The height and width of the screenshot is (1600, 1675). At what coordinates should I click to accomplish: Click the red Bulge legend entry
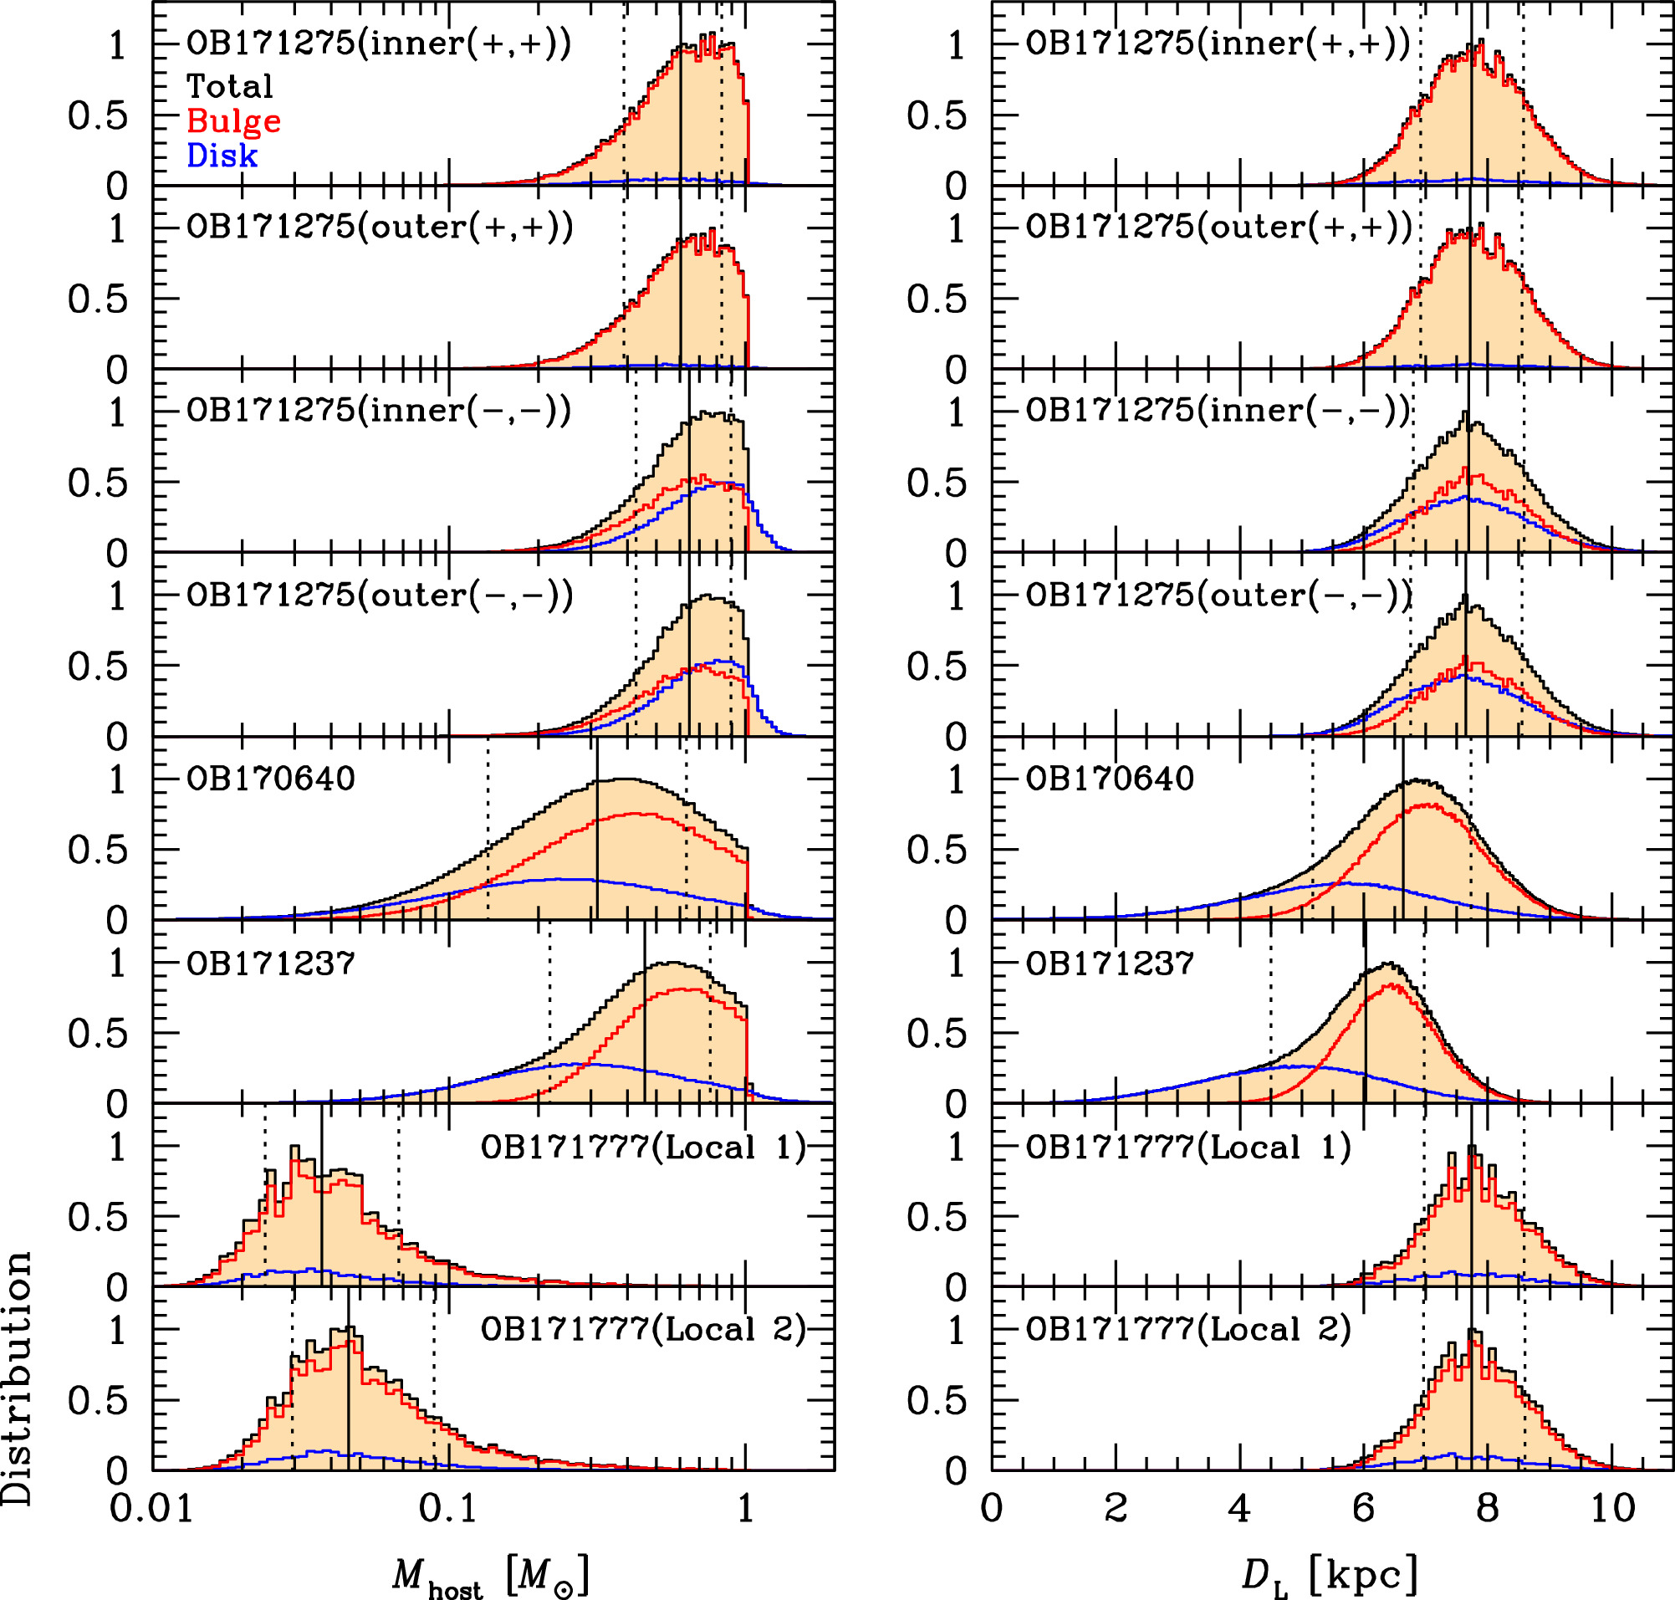pos(233,121)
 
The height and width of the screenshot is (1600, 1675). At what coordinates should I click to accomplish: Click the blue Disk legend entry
pos(222,156)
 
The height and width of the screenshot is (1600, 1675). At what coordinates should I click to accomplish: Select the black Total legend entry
pos(229,86)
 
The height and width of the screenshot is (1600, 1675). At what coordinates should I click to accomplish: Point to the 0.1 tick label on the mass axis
pos(445,1508)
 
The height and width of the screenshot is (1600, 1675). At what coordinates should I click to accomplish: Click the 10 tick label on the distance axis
pos(1612,1508)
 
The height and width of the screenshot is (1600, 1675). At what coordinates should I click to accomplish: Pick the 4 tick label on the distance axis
pos(1239,1508)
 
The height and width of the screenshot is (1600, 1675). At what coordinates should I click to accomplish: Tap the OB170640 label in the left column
pos(270,779)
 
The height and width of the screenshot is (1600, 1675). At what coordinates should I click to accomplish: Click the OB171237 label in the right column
pos(1110,963)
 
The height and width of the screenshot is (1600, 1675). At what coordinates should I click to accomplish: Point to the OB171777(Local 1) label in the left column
pos(643,1148)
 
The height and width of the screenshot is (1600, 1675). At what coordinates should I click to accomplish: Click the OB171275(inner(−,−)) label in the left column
pos(379,412)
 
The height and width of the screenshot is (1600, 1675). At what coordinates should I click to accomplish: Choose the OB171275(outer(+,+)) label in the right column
pos(1218,227)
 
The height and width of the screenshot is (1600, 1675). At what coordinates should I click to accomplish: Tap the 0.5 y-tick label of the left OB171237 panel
pos(97,1034)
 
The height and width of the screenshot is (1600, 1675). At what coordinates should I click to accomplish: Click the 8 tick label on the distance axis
pos(1488,1508)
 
